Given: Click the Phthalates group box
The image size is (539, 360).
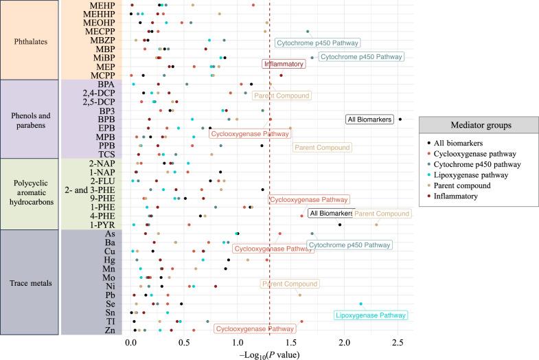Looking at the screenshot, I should point(29,40).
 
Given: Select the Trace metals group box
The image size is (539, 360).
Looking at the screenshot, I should point(29,282).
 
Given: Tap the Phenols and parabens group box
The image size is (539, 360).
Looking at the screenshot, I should point(29,119).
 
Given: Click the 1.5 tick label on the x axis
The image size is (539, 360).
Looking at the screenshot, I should point(291,341).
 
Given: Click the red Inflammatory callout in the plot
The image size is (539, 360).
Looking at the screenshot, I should point(283,64).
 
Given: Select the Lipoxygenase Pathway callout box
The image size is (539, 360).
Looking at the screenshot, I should point(371,316).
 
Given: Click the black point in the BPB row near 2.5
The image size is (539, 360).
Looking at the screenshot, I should point(400,119).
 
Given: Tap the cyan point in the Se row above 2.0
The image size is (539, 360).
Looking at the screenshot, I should point(360,304).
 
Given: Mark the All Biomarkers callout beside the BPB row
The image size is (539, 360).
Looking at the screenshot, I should point(369,120).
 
